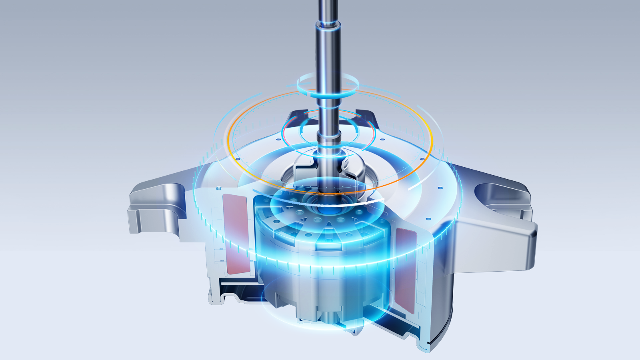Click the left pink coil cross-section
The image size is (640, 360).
(236, 234)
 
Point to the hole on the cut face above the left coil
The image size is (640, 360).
(218, 188)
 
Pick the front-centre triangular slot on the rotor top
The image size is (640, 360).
(328, 232)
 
